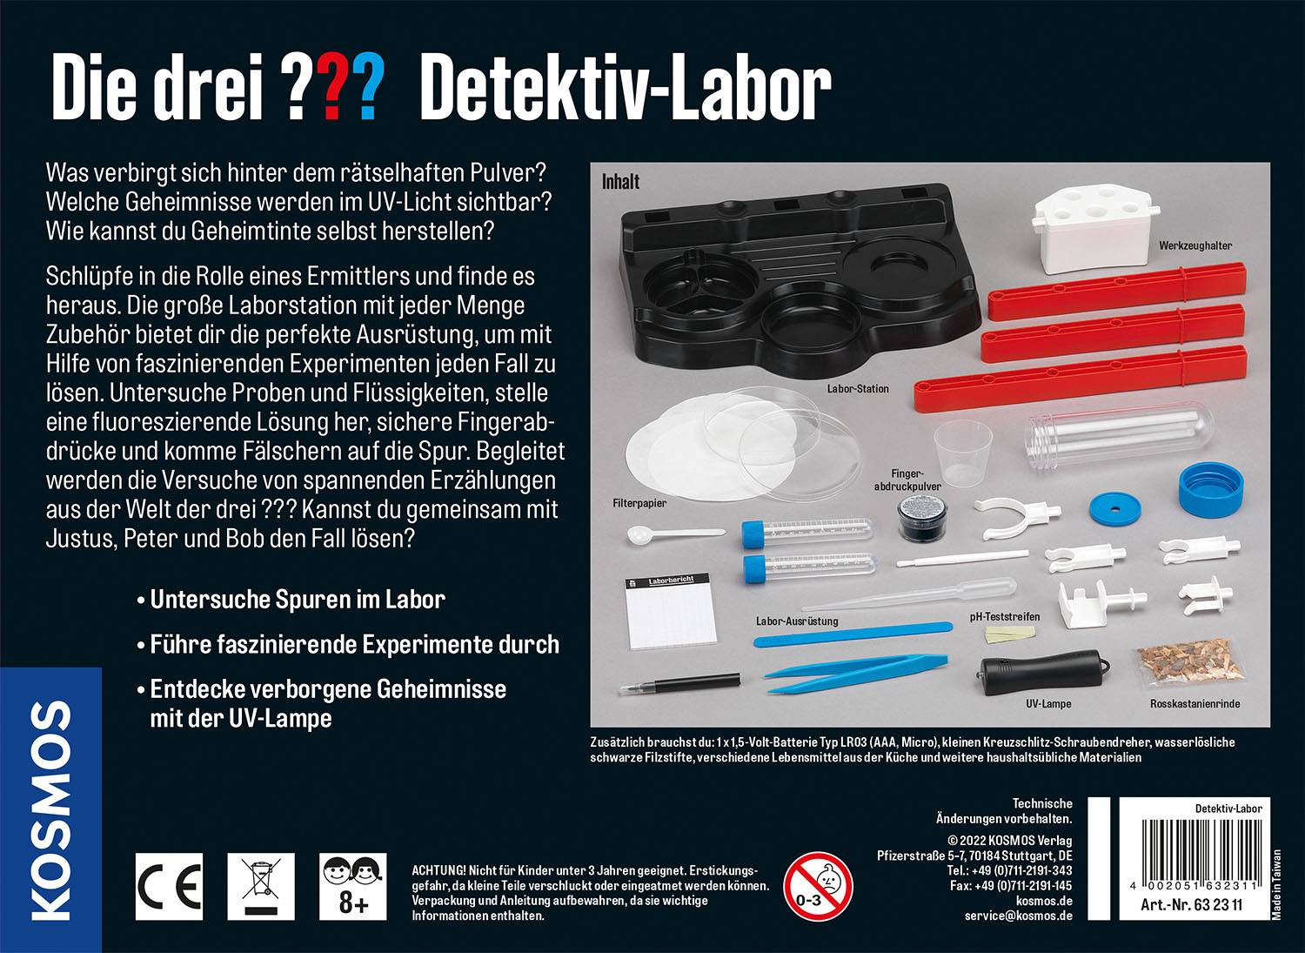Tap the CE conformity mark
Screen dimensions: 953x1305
(x=169, y=886)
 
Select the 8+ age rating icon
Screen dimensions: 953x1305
(x=353, y=885)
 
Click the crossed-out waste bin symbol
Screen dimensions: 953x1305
(x=261, y=885)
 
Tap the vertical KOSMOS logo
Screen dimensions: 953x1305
(x=50, y=809)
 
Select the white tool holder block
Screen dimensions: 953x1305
(x=1088, y=225)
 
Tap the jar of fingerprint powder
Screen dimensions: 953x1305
(x=920, y=520)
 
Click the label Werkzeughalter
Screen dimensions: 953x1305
(x=1195, y=246)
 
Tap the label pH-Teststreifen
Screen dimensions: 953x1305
(x=1005, y=617)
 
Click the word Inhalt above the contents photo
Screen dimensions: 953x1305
(x=620, y=182)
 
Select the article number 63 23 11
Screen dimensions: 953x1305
(x=1191, y=906)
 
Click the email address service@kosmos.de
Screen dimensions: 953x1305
(x=1018, y=916)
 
